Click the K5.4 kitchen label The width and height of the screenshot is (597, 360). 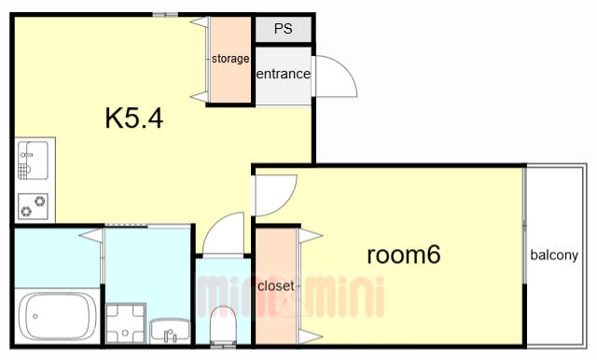click(x=134, y=118)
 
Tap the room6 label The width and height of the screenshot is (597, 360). click(x=404, y=255)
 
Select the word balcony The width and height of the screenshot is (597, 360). click(x=554, y=255)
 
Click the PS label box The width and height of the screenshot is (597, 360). click(x=284, y=29)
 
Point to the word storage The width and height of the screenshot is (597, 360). click(x=230, y=59)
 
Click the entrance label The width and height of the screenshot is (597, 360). click(x=283, y=74)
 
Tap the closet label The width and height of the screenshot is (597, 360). click(x=276, y=285)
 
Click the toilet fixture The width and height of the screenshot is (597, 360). click(x=223, y=325)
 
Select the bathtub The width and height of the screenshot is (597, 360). click(x=58, y=316)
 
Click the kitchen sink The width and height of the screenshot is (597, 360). click(x=34, y=160)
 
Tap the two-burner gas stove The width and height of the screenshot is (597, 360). click(x=34, y=206)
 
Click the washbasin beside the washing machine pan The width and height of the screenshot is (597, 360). click(x=170, y=330)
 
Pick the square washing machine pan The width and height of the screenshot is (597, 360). click(x=125, y=324)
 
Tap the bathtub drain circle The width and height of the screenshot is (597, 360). click(x=35, y=316)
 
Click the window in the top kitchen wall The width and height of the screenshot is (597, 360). click(x=165, y=15)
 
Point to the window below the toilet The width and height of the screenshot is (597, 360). click(x=223, y=346)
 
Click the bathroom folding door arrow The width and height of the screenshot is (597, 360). click(x=91, y=236)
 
